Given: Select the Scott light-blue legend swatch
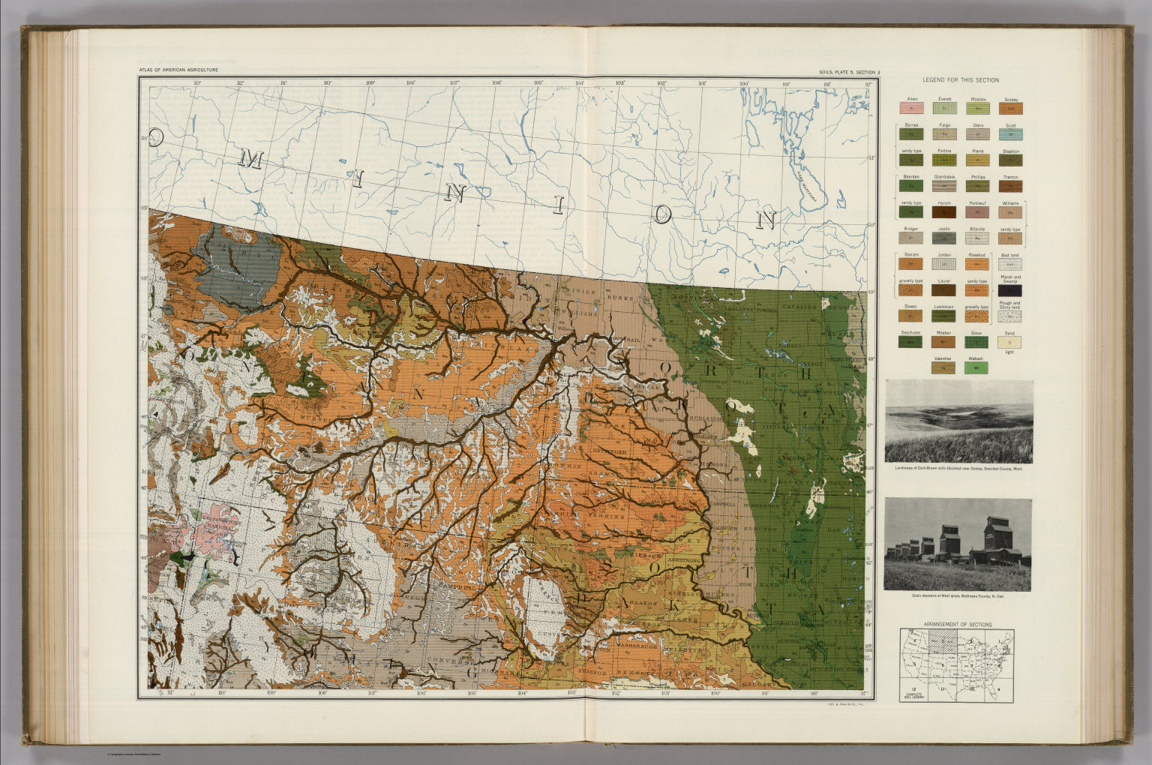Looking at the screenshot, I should click(x=1010, y=135).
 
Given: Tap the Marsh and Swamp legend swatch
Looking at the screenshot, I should click(x=1010, y=289).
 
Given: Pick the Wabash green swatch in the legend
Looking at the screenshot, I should click(x=976, y=368).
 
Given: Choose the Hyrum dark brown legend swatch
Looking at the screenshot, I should click(x=944, y=212).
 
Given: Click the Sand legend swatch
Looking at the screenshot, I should click(x=1010, y=342).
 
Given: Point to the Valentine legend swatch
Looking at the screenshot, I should click(x=943, y=368).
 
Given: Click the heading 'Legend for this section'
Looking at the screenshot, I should click(x=960, y=80).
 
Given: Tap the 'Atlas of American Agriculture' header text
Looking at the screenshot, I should click(x=178, y=70).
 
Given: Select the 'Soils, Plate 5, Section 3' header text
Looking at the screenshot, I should click(x=850, y=72).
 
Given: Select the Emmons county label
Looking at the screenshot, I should click(x=716, y=466).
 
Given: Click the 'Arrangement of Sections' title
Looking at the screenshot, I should click(x=957, y=624).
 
